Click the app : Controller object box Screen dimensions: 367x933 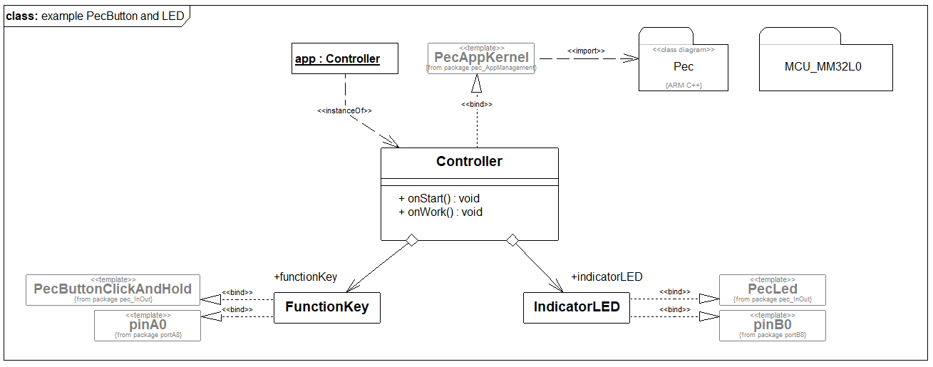click(337, 59)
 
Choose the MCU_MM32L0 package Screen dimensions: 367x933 click(825, 67)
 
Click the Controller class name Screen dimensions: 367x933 click(469, 162)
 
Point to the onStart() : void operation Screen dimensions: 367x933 click(440, 198)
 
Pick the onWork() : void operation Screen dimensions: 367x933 click(440, 212)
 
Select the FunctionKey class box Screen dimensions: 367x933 click(327, 307)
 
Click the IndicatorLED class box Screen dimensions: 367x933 click(577, 307)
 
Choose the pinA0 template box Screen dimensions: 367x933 click(148, 325)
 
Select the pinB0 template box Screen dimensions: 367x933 click(773, 325)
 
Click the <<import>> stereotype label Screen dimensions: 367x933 click(586, 51)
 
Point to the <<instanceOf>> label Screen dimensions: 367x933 click(344, 111)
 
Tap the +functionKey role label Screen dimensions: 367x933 click(305, 276)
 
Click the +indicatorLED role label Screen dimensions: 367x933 click(607, 276)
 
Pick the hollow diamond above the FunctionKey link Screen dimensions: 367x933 click(411, 241)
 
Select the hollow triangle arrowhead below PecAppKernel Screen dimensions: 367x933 click(476, 85)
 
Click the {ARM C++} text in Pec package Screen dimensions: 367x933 click(683, 84)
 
